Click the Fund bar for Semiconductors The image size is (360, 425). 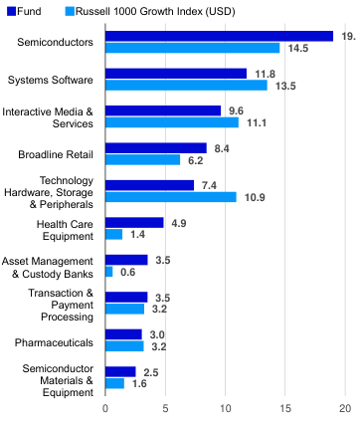click(x=219, y=36)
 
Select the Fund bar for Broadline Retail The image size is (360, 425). click(x=155, y=148)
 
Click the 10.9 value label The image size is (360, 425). click(x=255, y=197)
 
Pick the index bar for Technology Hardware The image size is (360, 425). click(x=170, y=197)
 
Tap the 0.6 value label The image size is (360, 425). click(x=127, y=272)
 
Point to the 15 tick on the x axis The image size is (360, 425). click(x=285, y=407)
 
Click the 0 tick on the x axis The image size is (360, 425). click(x=104, y=407)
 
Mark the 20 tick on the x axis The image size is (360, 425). click(x=345, y=407)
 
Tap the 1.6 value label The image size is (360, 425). click(x=140, y=383)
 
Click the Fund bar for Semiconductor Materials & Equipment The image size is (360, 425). click(x=119, y=371)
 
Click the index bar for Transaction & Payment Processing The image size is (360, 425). click(x=124, y=309)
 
